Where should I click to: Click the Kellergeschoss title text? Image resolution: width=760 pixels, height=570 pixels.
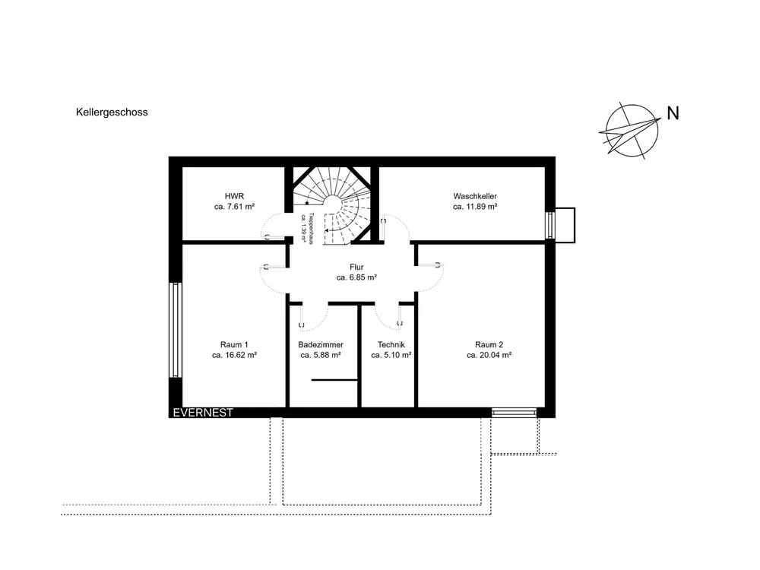click(x=112, y=112)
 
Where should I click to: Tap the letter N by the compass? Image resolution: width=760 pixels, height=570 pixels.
click(x=673, y=113)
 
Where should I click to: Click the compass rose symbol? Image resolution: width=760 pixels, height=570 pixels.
click(x=631, y=131)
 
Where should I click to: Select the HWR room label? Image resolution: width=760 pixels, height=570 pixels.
click(x=234, y=196)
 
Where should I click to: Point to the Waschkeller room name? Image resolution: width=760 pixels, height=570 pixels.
click(x=475, y=196)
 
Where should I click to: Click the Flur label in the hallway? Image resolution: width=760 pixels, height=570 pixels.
click(x=356, y=267)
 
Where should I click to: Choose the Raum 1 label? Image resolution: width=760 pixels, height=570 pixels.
click(x=234, y=344)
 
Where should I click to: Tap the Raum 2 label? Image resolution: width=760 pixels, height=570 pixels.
click(x=489, y=344)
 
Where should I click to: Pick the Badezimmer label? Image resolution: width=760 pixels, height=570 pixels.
click(x=321, y=344)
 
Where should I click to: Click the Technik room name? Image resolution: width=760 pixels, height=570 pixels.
click(x=391, y=344)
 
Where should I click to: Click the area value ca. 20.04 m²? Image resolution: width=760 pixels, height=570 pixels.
click(x=489, y=355)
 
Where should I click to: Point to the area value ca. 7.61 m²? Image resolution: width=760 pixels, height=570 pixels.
click(x=234, y=207)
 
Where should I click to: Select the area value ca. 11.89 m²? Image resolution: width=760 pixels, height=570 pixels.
click(x=475, y=207)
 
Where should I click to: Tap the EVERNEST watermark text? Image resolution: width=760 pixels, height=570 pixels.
click(x=203, y=413)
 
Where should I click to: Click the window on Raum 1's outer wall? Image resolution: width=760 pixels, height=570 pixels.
click(x=176, y=330)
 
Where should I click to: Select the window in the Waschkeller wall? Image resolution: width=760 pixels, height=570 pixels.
click(x=550, y=226)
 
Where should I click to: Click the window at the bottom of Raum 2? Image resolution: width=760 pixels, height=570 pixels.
click(x=515, y=413)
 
